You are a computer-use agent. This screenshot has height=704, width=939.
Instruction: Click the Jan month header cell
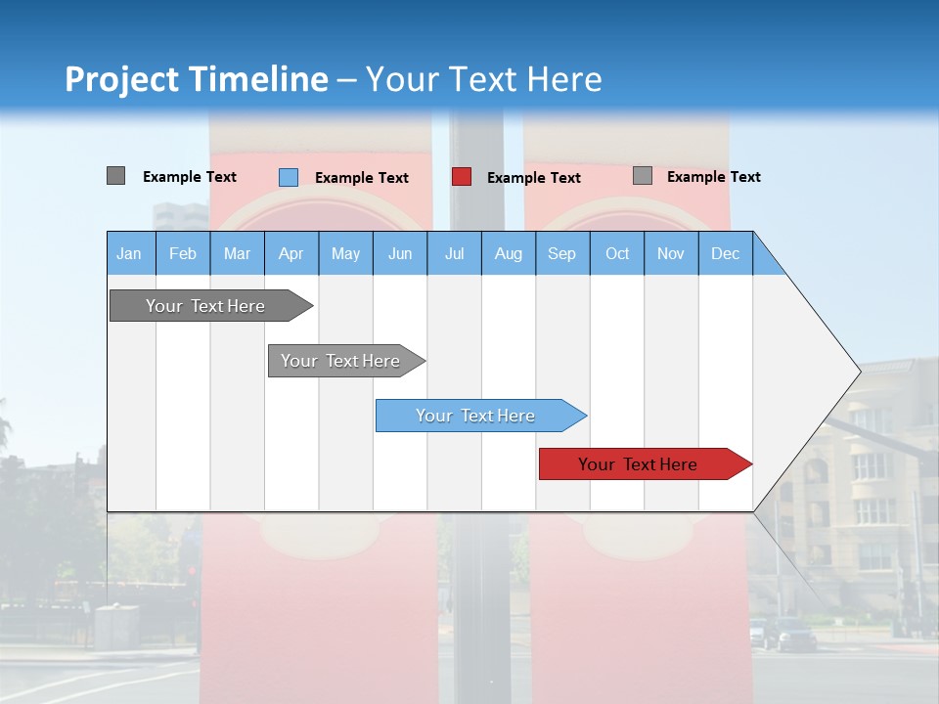point(130,253)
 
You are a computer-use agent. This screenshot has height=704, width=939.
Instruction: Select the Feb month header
point(183,253)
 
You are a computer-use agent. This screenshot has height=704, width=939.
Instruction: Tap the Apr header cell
point(291,253)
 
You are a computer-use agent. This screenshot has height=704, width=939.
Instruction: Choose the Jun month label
point(400,253)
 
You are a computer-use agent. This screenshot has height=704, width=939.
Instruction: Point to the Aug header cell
point(509,253)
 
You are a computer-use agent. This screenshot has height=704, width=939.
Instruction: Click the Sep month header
point(562,253)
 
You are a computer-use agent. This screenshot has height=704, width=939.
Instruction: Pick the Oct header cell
point(617,253)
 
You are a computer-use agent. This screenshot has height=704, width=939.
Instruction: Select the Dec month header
point(726,253)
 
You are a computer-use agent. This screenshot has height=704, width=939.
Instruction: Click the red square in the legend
point(462,177)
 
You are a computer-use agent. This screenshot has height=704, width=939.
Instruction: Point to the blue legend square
point(289,177)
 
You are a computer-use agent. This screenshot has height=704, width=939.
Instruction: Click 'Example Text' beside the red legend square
point(534,178)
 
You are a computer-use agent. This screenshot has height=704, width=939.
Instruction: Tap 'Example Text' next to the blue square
point(362,178)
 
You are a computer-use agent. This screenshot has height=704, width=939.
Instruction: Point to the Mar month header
point(237,253)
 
